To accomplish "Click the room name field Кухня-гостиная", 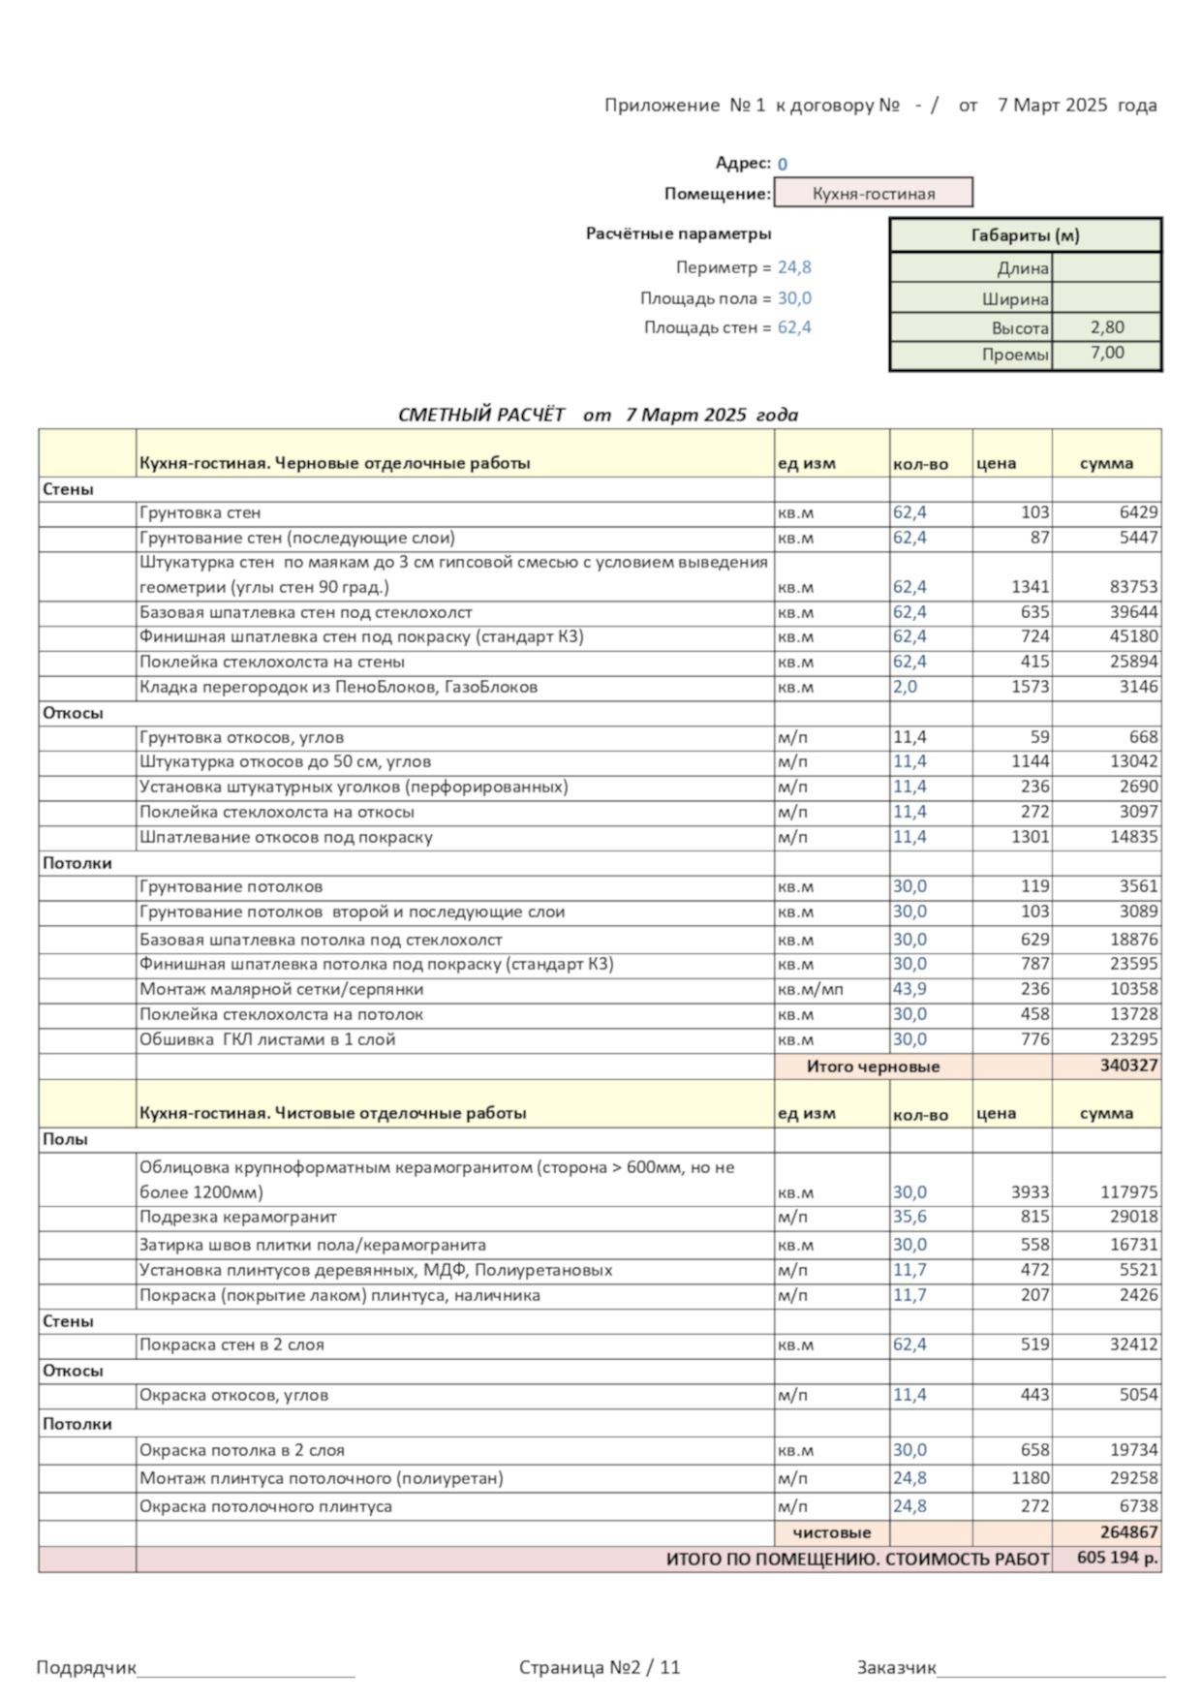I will pyautogui.click(x=873, y=193).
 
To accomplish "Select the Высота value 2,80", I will pyautogui.click(x=1106, y=327).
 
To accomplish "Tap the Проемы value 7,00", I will pyautogui.click(x=1106, y=354).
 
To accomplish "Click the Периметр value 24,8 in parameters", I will pyautogui.click(x=794, y=267).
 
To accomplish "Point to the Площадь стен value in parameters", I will pyautogui.click(x=794, y=327).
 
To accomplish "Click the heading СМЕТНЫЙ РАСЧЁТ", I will pyautogui.click(x=481, y=415).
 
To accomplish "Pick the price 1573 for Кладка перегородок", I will pyautogui.click(x=1030, y=687).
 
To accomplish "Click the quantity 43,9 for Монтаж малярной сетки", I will pyautogui.click(x=909, y=989).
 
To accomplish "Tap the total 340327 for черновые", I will pyautogui.click(x=1128, y=1066).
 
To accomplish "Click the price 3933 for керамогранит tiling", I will pyautogui.click(x=1030, y=1192).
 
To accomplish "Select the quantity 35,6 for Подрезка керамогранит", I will pyautogui.click(x=909, y=1217).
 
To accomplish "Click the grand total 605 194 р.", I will pyautogui.click(x=1117, y=1559).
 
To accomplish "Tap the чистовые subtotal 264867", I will pyautogui.click(x=1128, y=1532).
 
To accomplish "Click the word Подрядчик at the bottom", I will pyautogui.click(x=86, y=1667).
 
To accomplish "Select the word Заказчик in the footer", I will pyautogui.click(x=896, y=1667).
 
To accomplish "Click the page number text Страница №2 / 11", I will pyautogui.click(x=600, y=1667).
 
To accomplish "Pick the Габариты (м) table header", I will pyautogui.click(x=1025, y=235).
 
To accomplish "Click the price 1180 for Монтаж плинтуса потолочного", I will pyautogui.click(x=1030, y=1478).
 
